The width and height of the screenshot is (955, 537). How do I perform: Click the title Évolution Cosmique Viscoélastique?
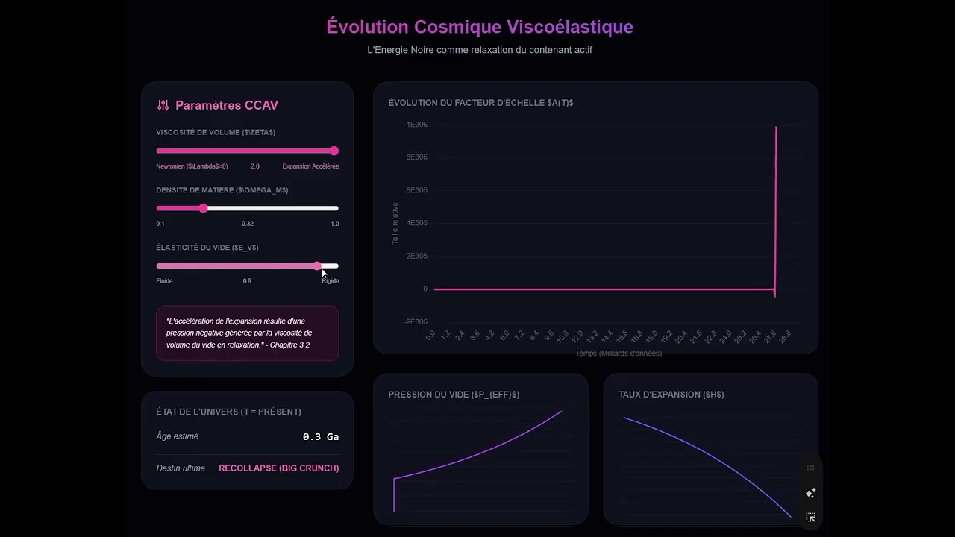point(479,27)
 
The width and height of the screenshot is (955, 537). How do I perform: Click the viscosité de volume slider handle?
point(334,151)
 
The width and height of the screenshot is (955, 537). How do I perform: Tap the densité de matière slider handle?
point(203,208)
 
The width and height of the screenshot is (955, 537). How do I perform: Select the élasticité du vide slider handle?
point(318,266)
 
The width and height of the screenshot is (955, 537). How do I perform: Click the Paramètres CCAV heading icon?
point(163,106)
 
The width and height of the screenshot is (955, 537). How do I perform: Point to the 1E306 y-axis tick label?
point(416,125)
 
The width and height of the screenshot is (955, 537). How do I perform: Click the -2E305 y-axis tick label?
point(416,322)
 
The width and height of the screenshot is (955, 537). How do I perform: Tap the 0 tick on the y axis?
point(425,289)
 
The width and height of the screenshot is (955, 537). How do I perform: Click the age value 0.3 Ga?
point(320,437)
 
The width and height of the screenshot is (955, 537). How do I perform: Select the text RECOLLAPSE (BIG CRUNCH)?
point(278,468)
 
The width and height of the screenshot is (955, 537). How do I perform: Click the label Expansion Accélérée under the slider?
point(310,166)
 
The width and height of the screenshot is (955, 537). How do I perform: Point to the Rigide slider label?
point(330,281)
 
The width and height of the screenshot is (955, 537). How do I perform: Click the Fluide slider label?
point(164,281)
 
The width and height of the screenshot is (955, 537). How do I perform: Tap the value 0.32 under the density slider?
point(247,224)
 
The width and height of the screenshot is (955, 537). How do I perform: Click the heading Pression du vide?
point(453,395)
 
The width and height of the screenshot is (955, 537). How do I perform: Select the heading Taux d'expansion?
point(671,395)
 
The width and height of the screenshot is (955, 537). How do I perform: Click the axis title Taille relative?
point(395,223)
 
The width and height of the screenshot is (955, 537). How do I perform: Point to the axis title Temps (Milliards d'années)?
point(618,354)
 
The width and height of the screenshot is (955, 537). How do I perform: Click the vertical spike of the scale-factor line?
point(776,209)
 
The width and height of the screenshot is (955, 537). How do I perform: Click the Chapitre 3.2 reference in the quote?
point(289,345)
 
